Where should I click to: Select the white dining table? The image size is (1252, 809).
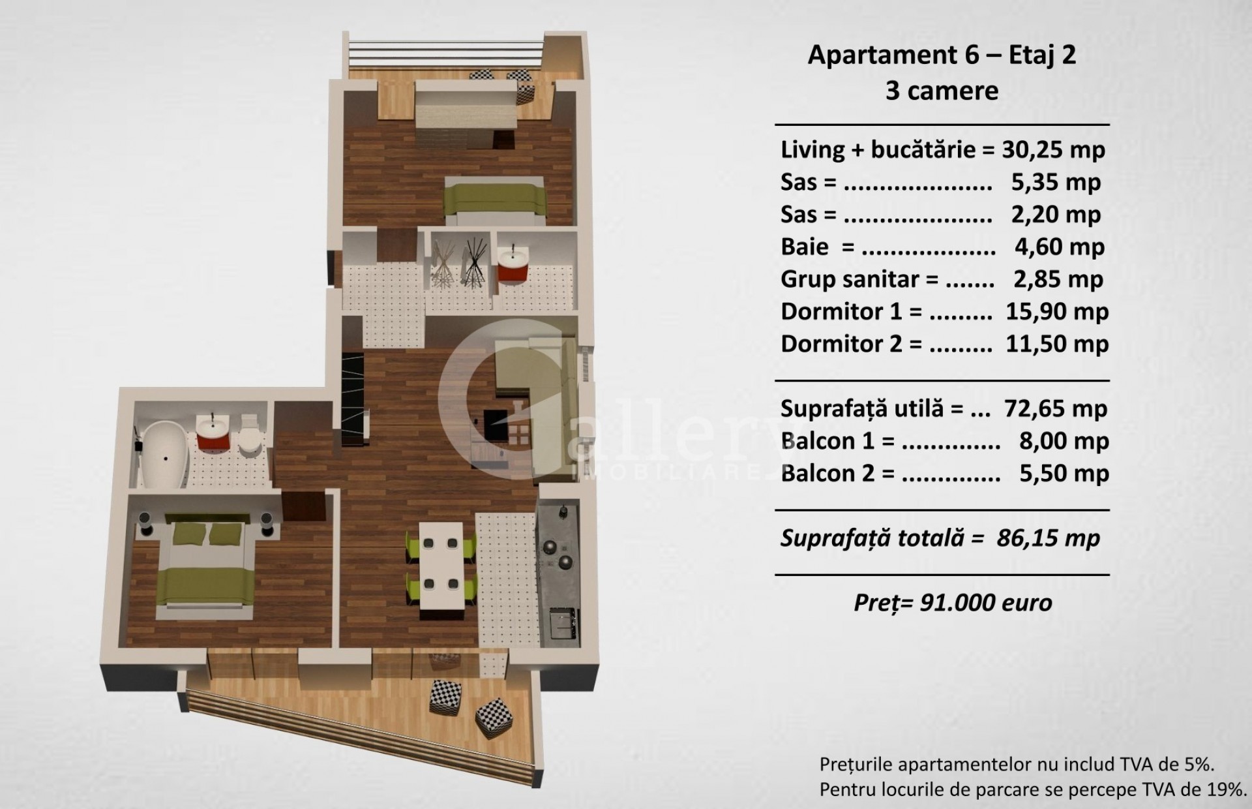(441, 565)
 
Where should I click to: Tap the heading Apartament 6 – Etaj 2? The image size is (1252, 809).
(942, 55)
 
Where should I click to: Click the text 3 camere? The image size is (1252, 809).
(942, 91)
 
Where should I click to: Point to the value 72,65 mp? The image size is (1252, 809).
(1056, 408)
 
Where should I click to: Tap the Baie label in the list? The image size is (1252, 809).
(805, 247)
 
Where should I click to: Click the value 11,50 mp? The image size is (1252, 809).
(1057, 344)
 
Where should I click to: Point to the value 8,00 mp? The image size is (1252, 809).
(1064, 441)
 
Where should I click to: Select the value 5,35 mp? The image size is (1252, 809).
(1056, 182)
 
